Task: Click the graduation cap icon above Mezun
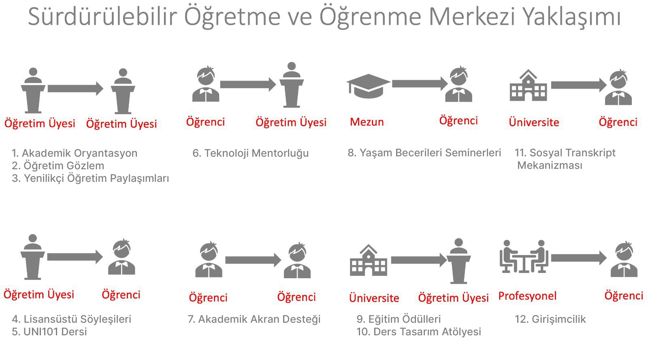pyautogui.click(x=368, y=86)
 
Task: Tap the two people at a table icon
pyautogui.click(x=524, y=256)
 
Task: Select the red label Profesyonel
pyautogui.click(x=527, y=296)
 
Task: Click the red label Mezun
pyautogui.click(x=367, y=122)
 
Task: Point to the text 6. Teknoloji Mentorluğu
pyautogui.click(x=251, y=153)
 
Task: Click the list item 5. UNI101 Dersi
pyautogui.click(x=49, y=332)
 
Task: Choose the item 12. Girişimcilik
pyautogui.click(x=550, y=319)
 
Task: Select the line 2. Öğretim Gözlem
pyautogui.click(x=58, y=166)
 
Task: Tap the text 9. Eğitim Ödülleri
pyautogui.click(x=399, y=319)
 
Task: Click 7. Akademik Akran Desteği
pyautogui.click(x=254, y=319)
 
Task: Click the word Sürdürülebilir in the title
pyautogui.click(x=102, y=17)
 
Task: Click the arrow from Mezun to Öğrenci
pyautogui.click(x=420, y=84)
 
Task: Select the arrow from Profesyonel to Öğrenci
pyautogui.click(x=579, y=258)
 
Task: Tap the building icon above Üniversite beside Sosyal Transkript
pyautogui.click(x=528, y=85)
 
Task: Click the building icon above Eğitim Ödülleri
pyautogui.click(x=368, y=260)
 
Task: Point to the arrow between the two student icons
pyautogui.click(x=253, y=260)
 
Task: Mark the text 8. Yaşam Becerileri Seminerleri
pyautogui.click(x=424, y=153)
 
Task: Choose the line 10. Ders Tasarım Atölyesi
pyautogui.click(x=419, y=332)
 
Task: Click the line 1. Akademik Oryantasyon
pyautogui.click(x=75, y=153)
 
